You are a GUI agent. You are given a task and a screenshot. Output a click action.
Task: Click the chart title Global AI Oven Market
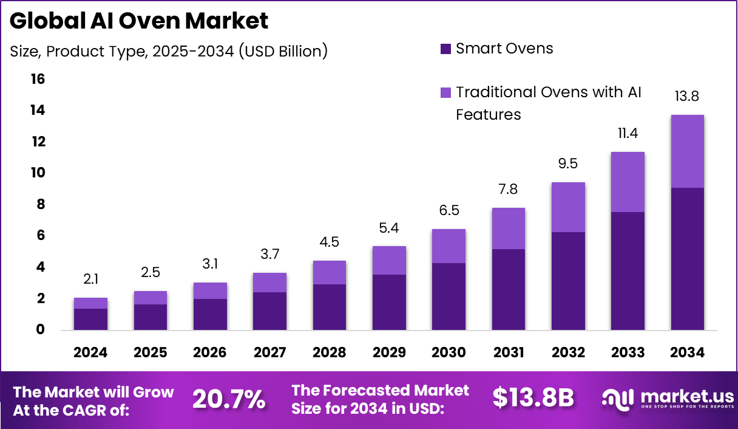[139, 21]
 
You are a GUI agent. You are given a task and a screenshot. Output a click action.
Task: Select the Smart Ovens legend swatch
[446, 49]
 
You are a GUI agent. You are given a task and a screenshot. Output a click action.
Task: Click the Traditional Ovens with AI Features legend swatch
[446, 92]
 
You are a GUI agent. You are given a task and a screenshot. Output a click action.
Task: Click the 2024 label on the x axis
[90, 353]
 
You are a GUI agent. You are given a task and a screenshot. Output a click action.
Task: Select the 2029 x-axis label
[389, 353]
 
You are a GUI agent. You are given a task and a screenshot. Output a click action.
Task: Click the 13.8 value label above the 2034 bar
[687, 96]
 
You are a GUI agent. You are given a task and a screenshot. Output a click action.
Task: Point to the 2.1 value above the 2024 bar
[90, 280]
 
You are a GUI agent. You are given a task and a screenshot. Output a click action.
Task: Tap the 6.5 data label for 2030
[449, 211]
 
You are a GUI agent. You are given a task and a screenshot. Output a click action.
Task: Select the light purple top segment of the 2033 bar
[628, 182]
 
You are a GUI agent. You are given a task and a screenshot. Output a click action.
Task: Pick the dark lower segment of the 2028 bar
[329, 307]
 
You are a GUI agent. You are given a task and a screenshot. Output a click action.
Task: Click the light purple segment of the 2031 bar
[508, 228]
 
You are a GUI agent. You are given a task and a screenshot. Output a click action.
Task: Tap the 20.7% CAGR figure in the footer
[229, 399]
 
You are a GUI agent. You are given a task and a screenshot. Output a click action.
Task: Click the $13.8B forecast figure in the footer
[533, 398]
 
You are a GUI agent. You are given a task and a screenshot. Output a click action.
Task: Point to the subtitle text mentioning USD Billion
[169, 52]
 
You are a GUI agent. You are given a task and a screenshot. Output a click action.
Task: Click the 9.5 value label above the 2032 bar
[568, 164]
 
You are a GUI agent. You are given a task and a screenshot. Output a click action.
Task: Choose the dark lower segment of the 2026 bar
[210, 314]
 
